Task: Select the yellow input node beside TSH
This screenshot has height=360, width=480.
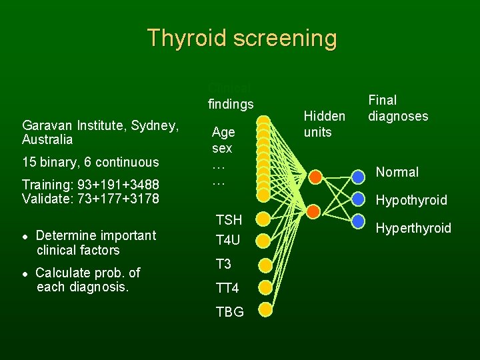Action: [x=264, y=219]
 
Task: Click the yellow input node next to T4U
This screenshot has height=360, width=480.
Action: [x=264, y=240]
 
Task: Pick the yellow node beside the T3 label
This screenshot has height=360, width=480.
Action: [x=265, y=265]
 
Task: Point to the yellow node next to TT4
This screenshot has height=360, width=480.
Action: [x=265, y=287]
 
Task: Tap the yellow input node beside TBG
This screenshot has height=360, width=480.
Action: [x=265, y=310]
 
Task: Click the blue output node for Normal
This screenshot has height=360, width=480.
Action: [x=359, y=176]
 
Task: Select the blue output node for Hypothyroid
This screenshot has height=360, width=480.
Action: [x=359, y=198]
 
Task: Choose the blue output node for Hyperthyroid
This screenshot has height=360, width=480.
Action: [x=359, y=219]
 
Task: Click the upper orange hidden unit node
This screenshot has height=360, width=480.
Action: [x=315, y=176]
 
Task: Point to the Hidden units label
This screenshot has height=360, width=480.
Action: [x=324, y=124]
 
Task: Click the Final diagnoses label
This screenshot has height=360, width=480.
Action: [x=397, y=108]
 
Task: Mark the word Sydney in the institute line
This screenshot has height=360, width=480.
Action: [x=154, y=125]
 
